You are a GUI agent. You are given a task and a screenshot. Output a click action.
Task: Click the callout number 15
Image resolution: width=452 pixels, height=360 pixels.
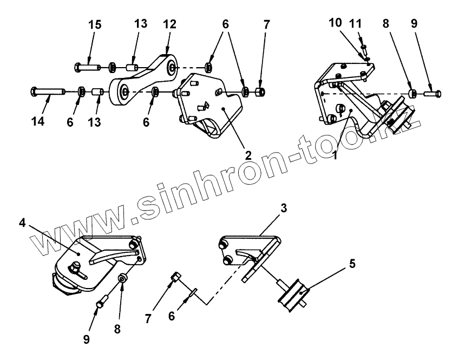(x=96, y=25)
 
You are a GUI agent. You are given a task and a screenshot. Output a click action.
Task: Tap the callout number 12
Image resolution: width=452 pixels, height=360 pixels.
(x=169, y=25)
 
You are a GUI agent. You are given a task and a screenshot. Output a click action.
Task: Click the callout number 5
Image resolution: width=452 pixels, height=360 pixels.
(x=352, y=265)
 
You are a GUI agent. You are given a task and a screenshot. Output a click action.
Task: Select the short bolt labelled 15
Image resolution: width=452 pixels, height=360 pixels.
(x=87, y=67)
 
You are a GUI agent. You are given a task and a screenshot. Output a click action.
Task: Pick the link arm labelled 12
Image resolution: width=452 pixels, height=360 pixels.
(x=143, y=78)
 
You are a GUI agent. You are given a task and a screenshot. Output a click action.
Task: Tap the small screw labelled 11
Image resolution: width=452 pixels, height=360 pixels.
(x=364, y=43)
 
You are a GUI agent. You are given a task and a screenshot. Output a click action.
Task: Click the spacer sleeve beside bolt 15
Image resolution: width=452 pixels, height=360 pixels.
(x=131, y=68)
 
